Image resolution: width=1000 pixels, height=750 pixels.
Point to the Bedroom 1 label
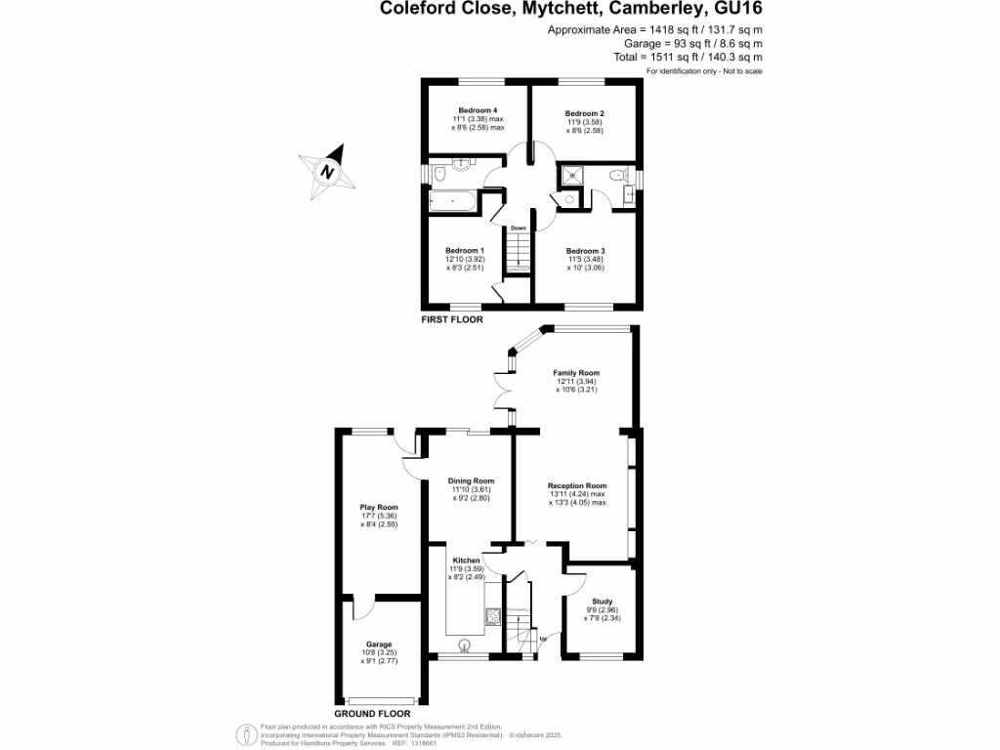(465, 251)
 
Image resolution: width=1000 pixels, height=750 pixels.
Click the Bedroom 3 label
(586, 251)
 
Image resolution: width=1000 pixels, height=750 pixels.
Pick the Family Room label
(576, 373)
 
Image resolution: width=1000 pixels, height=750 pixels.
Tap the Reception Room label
(577, 485)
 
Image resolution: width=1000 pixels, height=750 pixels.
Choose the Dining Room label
(471, 480)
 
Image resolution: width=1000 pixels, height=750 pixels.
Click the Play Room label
(379, 508)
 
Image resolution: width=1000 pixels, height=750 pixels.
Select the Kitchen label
(466, 561)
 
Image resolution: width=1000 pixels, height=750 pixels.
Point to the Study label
(603, 602)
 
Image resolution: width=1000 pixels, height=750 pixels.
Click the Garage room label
(379, 645)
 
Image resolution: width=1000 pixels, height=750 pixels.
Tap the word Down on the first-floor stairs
(518, 229)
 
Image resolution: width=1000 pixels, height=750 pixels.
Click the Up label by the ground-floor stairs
(543, 641)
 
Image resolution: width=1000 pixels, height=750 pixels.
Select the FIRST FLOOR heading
(451, 319)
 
